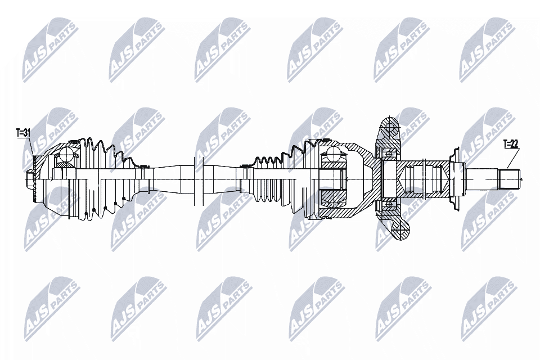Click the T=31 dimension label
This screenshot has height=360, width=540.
(x=22, y=133)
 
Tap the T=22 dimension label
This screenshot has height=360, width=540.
(x=510, y=144)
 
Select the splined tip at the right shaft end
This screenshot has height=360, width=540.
(x=510, y=179)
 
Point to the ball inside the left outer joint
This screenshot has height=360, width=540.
(x=67, y=154)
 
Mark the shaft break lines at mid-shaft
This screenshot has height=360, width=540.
(x=197, y=179)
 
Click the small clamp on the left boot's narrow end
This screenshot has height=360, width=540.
(x=143, y=166)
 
